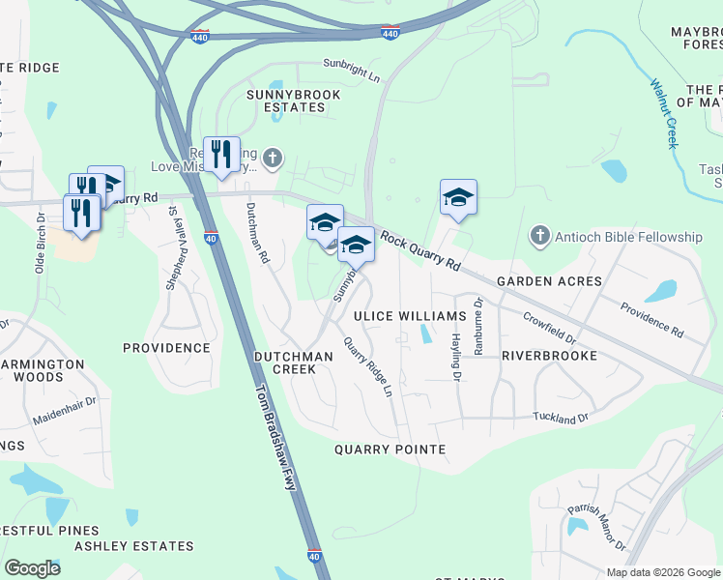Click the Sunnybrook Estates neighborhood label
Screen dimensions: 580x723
pos(285,101)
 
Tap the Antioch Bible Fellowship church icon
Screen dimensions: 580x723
pos(539,236)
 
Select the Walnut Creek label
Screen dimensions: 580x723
pos(663,114)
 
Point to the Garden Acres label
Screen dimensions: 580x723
pos(549,281)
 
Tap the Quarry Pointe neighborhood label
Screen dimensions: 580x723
pos(390,449)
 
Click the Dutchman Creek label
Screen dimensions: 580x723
pos(293,362)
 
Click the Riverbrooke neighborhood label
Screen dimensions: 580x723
pos(548,356)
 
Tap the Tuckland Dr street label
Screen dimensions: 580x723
pos(561,418)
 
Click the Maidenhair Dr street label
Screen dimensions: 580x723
pos(65,414)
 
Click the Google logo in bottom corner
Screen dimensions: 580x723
pos(32,567)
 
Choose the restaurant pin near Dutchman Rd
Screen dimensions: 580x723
pos(221,155)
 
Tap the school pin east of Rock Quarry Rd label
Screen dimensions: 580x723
pos(458,198)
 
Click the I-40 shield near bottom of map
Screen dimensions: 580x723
pos(314,557)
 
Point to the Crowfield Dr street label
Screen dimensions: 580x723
pos(549,327)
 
